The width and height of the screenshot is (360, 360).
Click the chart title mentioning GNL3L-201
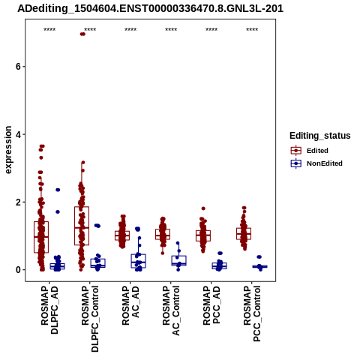coord(150,9)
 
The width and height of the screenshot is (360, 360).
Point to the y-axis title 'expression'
coord(8,150)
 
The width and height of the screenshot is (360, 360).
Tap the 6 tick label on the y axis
coord(18,67)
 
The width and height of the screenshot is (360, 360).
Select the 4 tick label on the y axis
coord(18,134)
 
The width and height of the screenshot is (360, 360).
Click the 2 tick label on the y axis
coord(18,202)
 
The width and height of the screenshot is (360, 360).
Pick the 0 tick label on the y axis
coord(18,270)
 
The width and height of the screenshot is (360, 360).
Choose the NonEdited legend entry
coord(316,163)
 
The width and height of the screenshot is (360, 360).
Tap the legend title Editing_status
coord(320,136)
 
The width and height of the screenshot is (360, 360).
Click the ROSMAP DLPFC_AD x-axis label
coord(49,310)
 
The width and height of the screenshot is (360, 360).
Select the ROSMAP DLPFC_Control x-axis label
coord(90,319)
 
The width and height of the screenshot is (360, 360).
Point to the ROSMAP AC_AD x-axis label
coord(130,305)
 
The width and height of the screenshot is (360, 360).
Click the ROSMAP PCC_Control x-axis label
coord(252,313)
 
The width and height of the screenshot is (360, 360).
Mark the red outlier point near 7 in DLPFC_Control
coord(82,34)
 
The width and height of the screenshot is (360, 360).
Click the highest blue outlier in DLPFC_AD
coord(58,190)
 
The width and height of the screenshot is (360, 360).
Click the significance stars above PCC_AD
coord(211,30)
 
